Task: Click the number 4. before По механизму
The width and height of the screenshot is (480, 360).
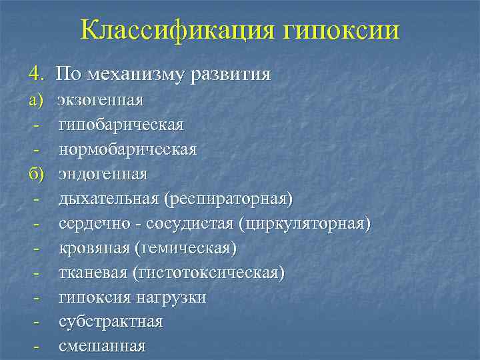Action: tap(35, 73)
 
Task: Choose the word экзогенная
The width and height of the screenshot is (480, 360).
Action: tap(101, 101)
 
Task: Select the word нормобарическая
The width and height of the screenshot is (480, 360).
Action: tap(128, 149)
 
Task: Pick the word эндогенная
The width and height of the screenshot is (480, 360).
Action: tap(103, 174)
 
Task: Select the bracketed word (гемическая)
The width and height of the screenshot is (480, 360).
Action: tap(185, 248)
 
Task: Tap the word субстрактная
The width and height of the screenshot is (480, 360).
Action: tap(111, 322)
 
